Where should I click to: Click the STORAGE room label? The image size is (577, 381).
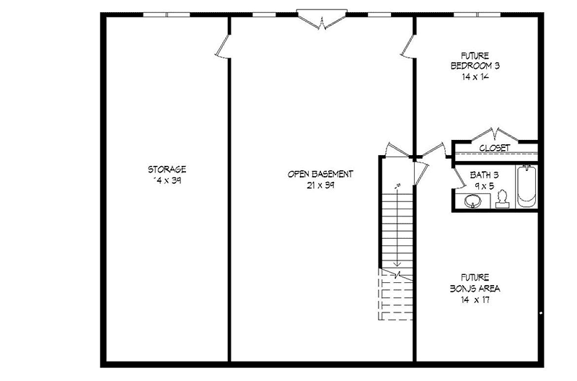tap(167, 170)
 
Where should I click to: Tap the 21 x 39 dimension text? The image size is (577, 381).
tap(320, 185)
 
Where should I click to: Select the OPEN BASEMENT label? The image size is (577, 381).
tap(320, 174)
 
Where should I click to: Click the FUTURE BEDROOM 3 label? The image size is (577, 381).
tap(475, 61)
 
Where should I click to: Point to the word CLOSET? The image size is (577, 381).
tap(495, 148)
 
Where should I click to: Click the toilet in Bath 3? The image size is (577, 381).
tap(503, 199)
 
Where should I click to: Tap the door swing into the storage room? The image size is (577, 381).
tap(222, 48)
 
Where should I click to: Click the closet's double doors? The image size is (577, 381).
tap(495, 135)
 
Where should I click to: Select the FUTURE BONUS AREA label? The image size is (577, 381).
tap(475, 283)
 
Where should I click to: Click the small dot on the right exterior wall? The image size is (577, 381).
tap(541, 313)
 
